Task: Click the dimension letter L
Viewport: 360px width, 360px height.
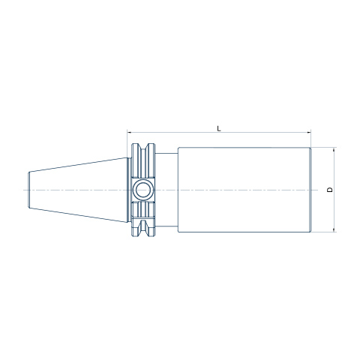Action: (x=219, y=128)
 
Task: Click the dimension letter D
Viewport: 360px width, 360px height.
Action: (x=330, y=190)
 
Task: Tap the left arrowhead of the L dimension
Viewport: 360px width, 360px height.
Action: (x=129, y=132)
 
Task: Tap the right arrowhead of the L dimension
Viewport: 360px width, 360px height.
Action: (x=309, y=132)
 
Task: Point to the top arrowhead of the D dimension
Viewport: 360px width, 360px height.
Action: (x=334, y=149)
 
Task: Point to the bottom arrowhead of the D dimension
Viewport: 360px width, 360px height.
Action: (x=334, y=230)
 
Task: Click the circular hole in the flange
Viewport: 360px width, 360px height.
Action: (x=143, y=190)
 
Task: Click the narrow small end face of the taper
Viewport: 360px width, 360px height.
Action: (x=28, y=190)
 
